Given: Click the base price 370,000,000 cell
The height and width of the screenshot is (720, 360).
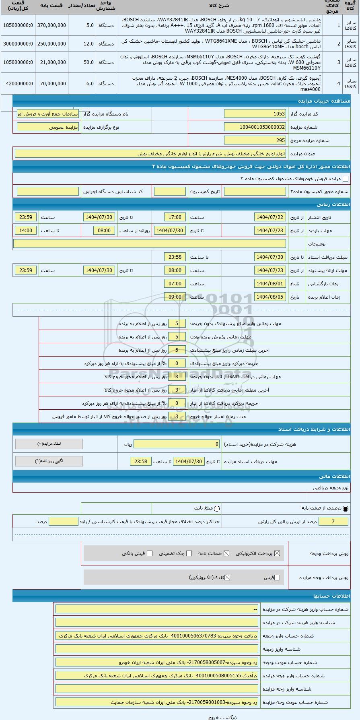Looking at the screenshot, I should [51, 25].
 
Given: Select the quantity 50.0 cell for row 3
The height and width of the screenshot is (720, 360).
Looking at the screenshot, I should [82, 62].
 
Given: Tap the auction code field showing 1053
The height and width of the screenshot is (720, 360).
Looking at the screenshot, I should [255, 114].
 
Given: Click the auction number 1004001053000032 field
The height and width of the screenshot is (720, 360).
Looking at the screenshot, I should [255, 127].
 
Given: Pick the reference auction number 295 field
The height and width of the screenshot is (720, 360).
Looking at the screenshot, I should [255, 140].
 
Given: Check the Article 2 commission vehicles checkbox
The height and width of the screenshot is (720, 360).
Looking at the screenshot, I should [345, 179].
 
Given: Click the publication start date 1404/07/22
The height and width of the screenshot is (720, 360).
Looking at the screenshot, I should [270, 217].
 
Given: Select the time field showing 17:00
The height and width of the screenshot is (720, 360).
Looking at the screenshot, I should [175, 217].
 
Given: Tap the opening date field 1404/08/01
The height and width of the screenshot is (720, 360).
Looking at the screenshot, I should [270, 284].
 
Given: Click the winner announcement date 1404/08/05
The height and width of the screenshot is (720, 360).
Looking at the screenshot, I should [270, 297].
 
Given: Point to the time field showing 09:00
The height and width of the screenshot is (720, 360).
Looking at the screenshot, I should [175, 297].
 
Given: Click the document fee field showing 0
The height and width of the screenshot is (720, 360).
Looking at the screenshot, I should [177, 444].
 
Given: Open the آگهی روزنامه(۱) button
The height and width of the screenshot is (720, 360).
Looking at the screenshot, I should [49, 461].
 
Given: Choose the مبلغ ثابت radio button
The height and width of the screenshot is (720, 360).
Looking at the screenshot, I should [217, 509].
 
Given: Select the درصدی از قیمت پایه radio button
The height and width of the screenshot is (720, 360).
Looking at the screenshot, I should [346, 509].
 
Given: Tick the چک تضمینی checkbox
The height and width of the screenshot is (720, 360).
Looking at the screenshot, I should [189, 553].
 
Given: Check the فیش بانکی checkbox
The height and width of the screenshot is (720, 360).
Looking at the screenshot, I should [150, 553].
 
